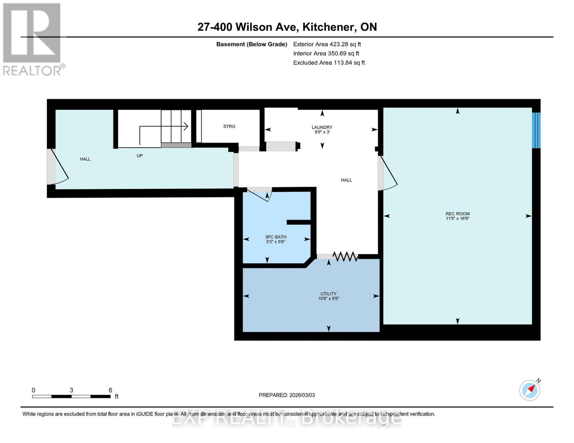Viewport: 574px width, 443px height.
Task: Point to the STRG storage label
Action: tap(229, 126)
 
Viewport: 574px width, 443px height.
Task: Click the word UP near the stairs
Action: tap(140, 156)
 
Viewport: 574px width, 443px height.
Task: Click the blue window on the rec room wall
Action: tap(536, 130)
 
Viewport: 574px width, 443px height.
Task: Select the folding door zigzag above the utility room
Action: tap(345, 256)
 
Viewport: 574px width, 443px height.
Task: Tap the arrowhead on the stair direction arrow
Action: tap(186, 126)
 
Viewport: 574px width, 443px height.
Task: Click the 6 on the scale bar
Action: tap(110, 390)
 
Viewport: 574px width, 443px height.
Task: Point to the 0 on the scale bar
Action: tap(33, 390)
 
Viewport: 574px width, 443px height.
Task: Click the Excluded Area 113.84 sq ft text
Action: tap(329, 63)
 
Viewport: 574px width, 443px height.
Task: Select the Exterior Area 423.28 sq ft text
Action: tap(327, 44)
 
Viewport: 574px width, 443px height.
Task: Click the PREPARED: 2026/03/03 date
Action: tap(287, 395)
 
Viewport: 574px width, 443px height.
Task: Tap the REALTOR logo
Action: tap(33, 39)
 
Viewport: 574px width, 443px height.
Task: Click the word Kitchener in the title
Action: tap(329, 27)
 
